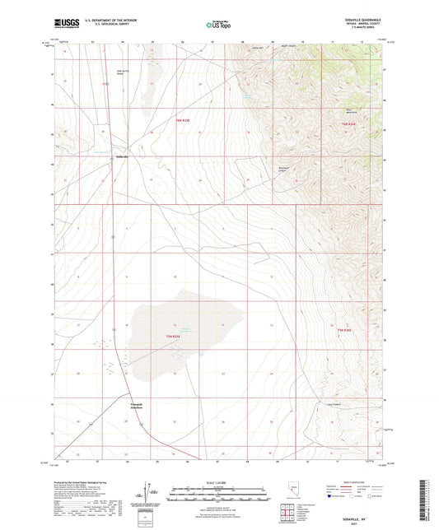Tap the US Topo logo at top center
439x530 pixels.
click(x=218, y=26)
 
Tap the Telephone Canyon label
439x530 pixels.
click(x=283, y=169)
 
